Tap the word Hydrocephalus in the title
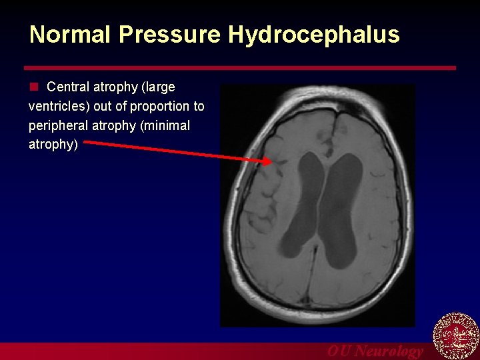(314, 35)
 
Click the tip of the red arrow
(270, 161)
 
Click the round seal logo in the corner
(456, 335)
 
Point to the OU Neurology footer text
(375, 351)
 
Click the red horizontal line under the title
(240, 68)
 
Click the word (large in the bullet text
(157, 87)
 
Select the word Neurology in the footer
(389, 351)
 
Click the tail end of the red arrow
(88, 141)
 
